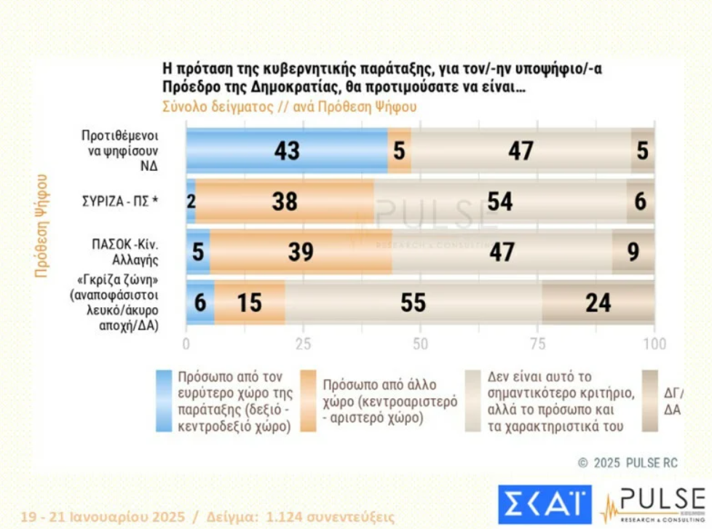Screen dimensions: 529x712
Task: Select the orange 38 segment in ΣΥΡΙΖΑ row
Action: [285, 202]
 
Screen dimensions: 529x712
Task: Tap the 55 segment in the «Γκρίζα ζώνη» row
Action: [413, 302]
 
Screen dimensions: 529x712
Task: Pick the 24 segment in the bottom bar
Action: [598, 302]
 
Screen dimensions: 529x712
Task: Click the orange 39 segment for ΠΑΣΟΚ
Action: [301, 252]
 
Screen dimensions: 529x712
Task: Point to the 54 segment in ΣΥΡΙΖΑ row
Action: [500, 202]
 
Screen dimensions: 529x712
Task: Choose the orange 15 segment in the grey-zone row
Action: [249, 302]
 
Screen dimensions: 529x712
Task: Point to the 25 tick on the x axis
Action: [303, 343]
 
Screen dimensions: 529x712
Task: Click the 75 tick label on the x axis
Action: [537, 343]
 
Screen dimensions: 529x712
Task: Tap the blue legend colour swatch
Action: [164, 401]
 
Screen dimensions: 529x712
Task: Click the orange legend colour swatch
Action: [309, 401]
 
